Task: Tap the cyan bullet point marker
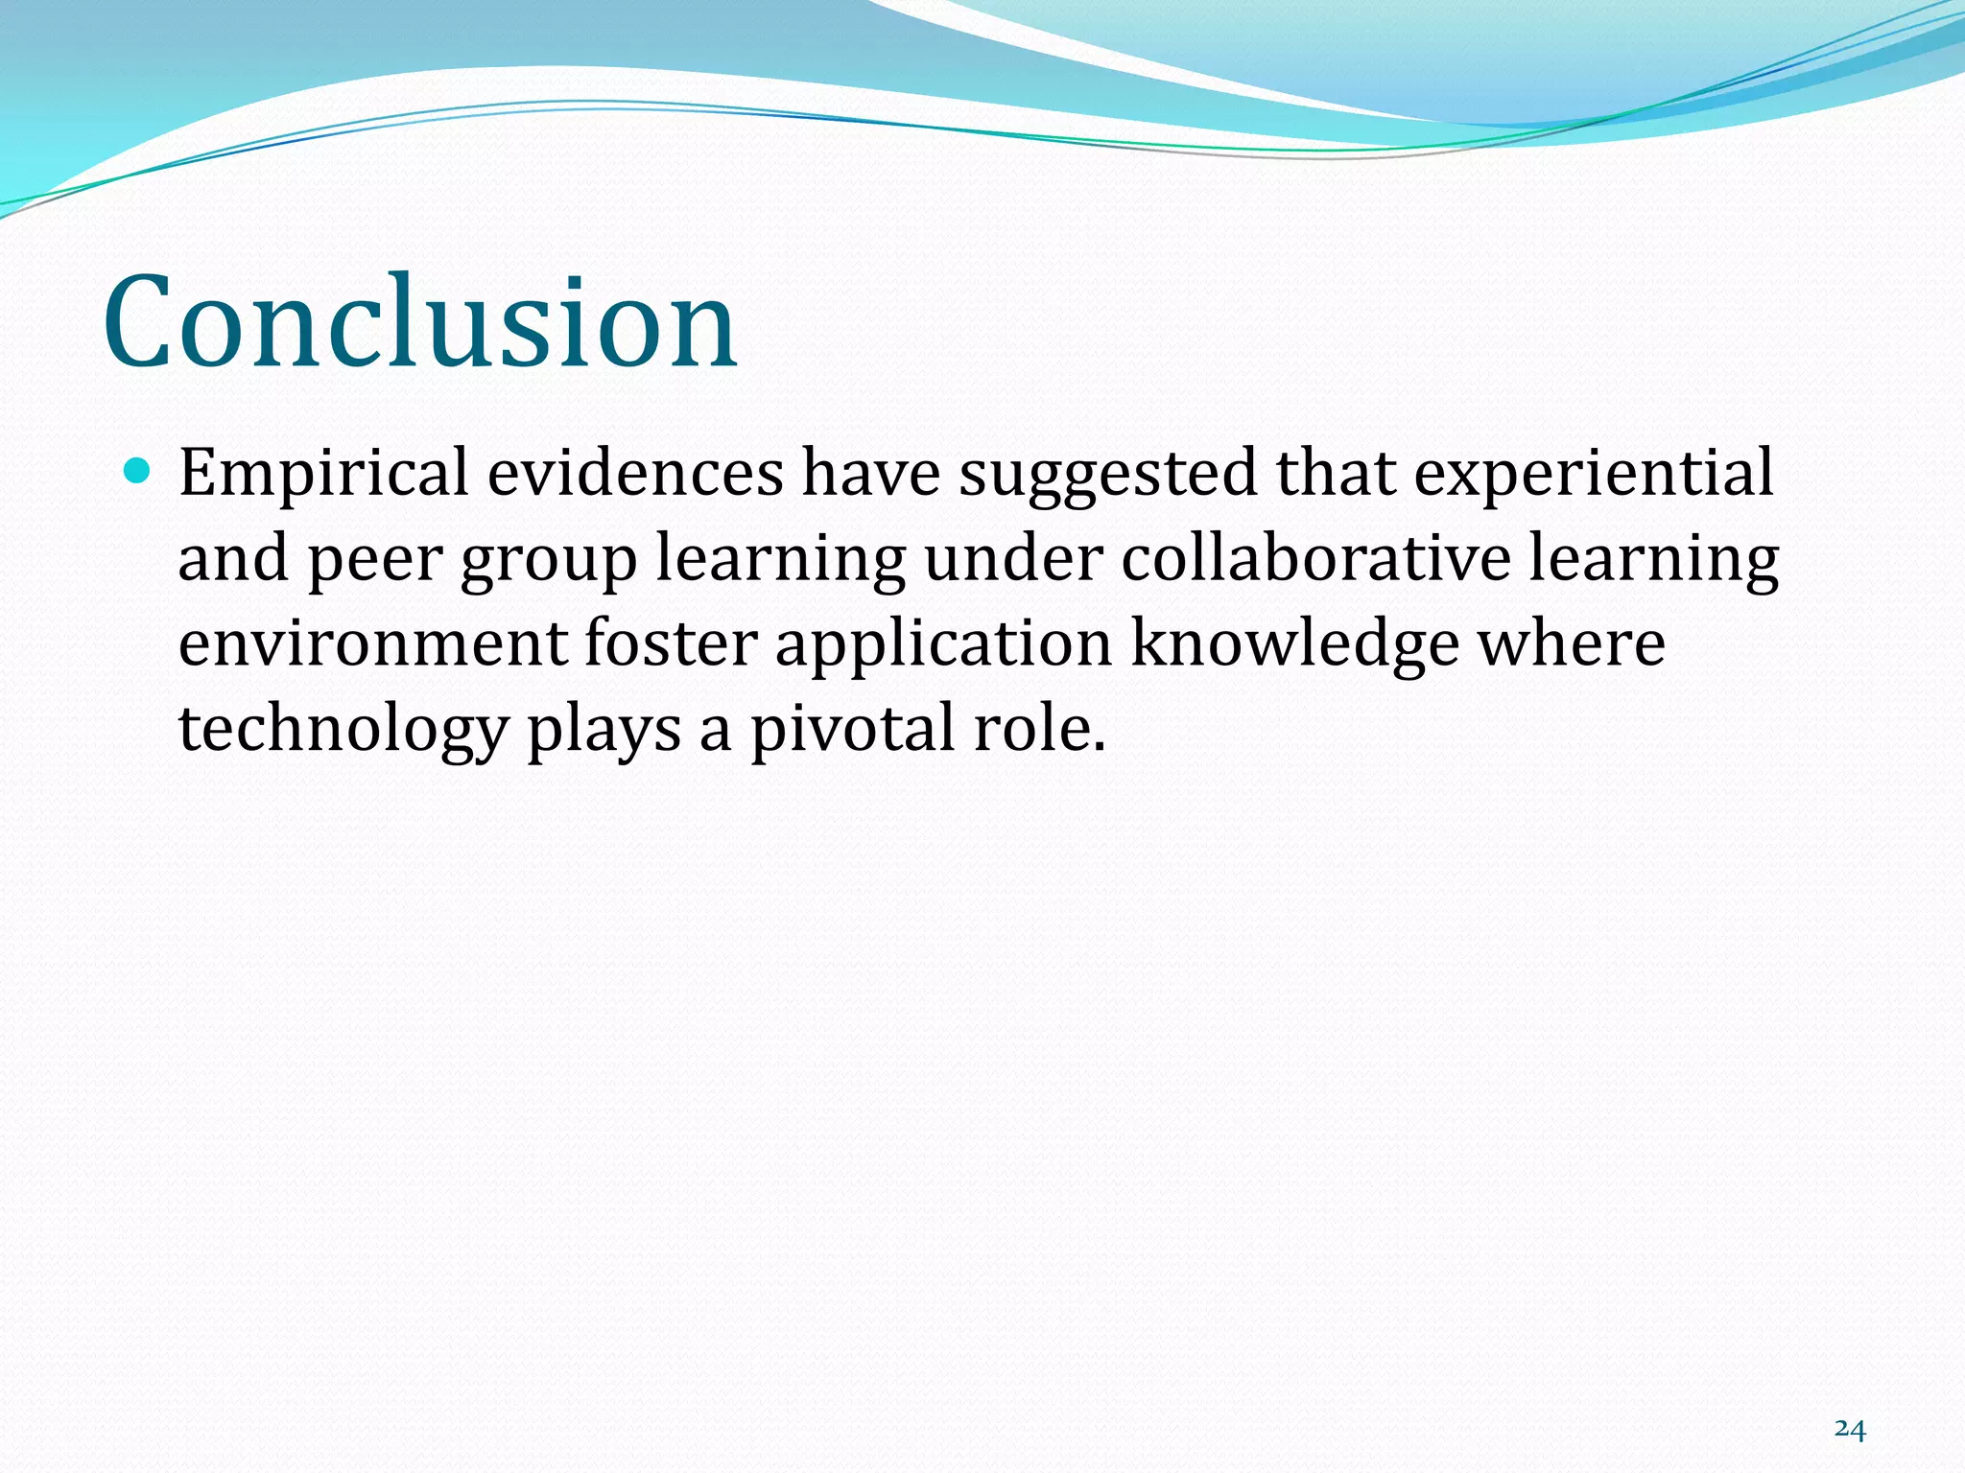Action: (138, 471)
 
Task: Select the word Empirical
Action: (323, 475)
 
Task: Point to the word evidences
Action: (635, 473)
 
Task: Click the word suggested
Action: (1107, 475)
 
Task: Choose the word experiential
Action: (1594, 475)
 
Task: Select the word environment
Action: (372, 644)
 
